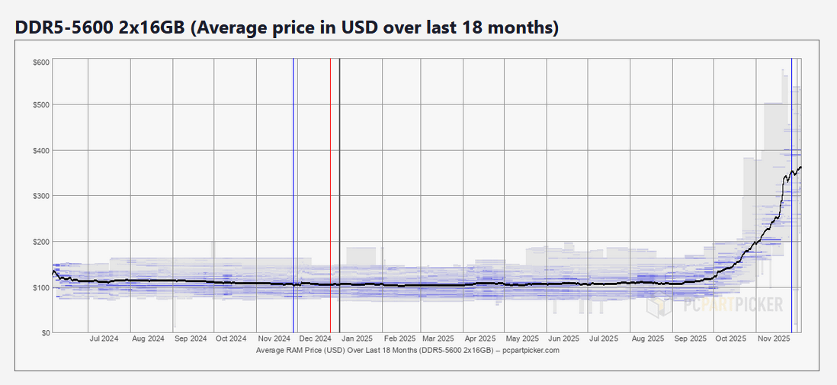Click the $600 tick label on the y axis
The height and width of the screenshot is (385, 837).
(41, 62)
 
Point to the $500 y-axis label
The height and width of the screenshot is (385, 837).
(41, 104)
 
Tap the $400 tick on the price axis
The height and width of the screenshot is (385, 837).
(41, 150)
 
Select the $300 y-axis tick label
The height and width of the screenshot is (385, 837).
(41, 196)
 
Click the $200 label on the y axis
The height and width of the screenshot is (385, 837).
(41, 242)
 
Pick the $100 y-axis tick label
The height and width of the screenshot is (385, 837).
(41, 287)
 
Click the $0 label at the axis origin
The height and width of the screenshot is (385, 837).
(44, 333)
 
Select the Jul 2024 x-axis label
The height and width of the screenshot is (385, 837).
(104, 338)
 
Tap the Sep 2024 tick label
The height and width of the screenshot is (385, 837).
(189, 338)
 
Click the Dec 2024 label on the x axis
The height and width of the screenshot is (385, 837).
(314, 338)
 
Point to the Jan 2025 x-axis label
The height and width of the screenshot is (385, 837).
(356, 338)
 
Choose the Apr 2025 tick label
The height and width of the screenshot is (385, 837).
(480, 338)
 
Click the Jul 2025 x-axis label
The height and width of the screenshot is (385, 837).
(604, 338)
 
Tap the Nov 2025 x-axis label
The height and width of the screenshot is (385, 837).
(772, 338)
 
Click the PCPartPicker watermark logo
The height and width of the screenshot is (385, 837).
(714, 305)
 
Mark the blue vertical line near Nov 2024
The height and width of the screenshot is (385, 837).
(293, 191)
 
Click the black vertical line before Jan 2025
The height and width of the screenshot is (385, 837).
(339, 191)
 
